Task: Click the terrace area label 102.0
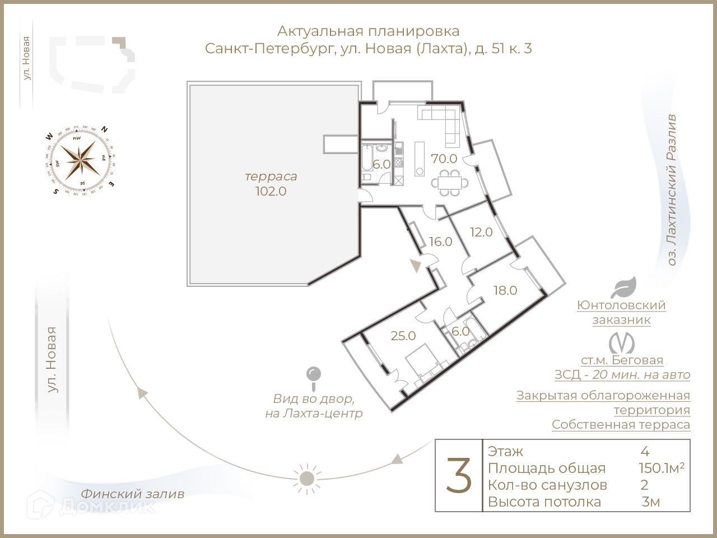pyautogui.click(x=271, y=191)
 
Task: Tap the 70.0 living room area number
pyautogui.click(x=444, y=159)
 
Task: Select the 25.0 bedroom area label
pyautogui.click(x=403, y=336)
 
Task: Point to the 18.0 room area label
pyautogui.click(x=505, y=290)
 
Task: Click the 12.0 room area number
pyautogui.click(x=481, y=232)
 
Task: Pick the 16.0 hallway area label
pyautogui.click(x=441, y=242)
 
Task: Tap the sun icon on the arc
pyautogui.click(x=306, y=478)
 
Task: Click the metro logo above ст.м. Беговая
pyautogui.click(x=622, y=343)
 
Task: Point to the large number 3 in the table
pyautogui.click(x=459, y=475)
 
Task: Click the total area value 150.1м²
pyautogui.click(x=661, y=469)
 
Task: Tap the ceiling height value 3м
pyautogui.click(x=651, y=502)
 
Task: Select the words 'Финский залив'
pyautogui.click(x=132, y=494)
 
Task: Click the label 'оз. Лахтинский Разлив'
pyautogui.click(x=672, y=191)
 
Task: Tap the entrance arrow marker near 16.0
pyautogui.click(x=415, y=266)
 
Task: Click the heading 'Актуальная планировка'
pyautogui.click(x=368, y=31)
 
